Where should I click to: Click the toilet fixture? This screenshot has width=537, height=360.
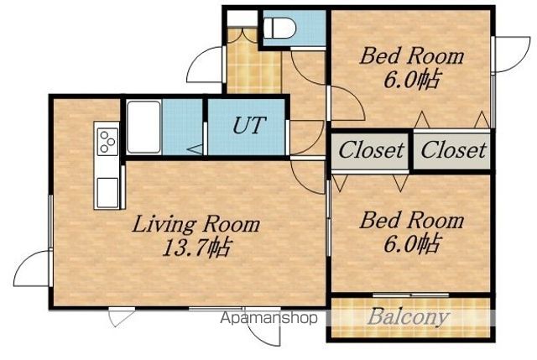(x=279, y=28)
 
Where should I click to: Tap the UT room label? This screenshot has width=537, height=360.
(x=249, y=125)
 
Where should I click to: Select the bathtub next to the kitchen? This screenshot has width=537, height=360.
(x=143, y=127)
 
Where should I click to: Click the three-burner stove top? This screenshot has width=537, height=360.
(x=107, y=140)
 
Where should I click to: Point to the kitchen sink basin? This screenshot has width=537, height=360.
(x=107, y=193)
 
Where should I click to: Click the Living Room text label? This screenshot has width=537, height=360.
(x=196, y=226)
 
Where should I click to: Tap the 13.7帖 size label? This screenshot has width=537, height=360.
(x=196, y=248)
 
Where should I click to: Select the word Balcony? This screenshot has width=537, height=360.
(x=409, y=318)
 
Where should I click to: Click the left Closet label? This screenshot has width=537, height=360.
(x=371, y=150)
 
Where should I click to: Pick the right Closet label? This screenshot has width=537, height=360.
(x=453, y=150)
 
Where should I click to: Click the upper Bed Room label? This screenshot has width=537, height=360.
(x=412, y=56)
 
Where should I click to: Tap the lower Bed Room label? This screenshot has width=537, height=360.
(x=412, y=220)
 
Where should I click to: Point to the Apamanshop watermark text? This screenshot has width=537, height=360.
(x=268, y=318)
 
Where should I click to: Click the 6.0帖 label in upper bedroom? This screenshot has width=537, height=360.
(x=411, y=80)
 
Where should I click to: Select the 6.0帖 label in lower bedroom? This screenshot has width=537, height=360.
(x=411, y=243)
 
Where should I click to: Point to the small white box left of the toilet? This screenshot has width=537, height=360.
(x=242, y=18)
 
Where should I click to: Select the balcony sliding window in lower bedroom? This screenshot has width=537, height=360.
(x=411, y=295)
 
